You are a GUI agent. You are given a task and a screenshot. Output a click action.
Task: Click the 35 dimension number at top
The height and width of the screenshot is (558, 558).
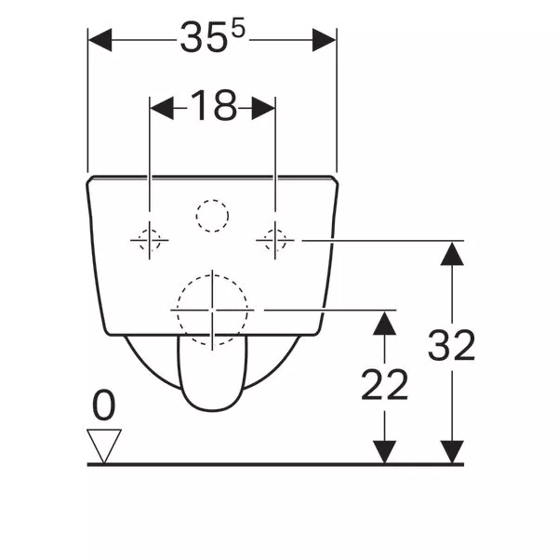(x=204, y=38)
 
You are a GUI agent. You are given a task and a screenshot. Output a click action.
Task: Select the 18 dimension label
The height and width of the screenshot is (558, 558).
(x=214, y=105)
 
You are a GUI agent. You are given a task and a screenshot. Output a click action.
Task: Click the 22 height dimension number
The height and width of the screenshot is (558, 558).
(x=384, y=384)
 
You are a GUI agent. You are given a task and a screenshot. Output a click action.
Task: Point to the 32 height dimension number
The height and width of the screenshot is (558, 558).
(x=451, y=344)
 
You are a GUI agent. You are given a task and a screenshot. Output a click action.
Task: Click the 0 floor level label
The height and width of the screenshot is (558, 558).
(x=104, y=405)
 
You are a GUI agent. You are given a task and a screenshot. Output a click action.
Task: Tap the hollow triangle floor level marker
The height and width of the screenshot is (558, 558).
(x=104, y=442)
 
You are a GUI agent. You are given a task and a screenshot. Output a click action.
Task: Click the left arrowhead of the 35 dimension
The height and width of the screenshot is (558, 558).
(x=100, y=40)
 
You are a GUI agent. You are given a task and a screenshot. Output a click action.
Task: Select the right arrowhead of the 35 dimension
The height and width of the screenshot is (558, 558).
(x=325, y=40)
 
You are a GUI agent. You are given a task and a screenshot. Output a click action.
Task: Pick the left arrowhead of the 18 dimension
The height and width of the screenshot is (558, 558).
(x=162, y=108)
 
